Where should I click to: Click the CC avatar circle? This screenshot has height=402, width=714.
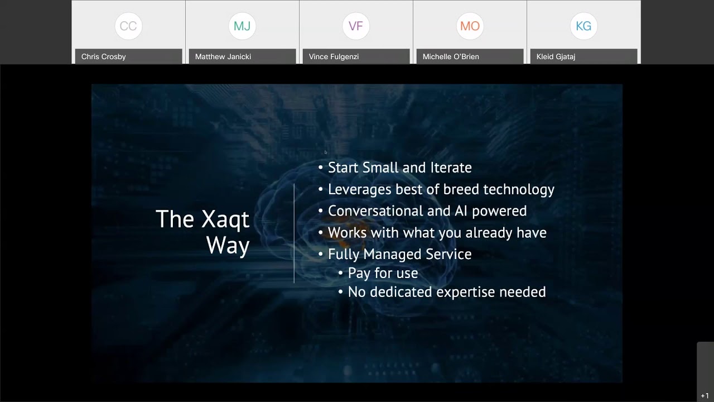(128, 26)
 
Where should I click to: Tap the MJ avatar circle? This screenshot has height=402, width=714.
(242, 26)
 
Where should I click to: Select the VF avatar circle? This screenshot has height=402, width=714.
(356, 26)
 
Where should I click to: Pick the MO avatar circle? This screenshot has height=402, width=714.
(470, 26)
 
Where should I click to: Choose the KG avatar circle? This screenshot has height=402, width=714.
(583, 26)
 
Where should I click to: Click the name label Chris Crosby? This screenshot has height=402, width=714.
(104, 56)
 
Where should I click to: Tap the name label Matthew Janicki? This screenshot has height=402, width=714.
(223, 56)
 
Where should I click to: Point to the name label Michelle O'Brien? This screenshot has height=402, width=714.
(451, 56)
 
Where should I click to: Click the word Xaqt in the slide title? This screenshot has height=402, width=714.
(226, 220)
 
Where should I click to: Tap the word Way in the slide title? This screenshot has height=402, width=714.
(228, 246)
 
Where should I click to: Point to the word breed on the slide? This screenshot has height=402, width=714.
(461, 189)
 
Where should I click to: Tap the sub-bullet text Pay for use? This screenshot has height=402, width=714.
(383, 273)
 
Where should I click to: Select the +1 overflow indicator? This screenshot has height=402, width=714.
(705, 396)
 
